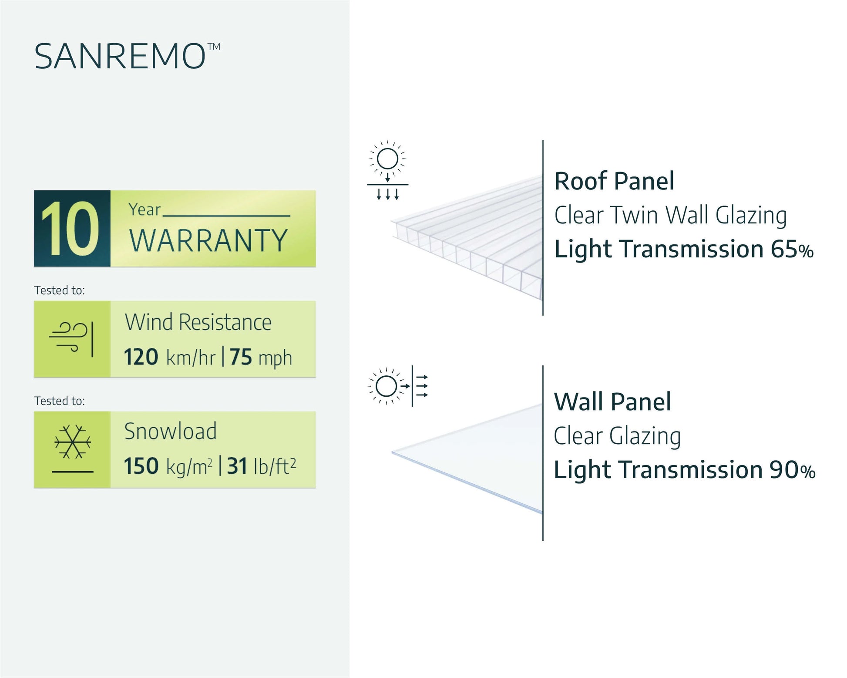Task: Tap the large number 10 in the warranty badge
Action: (x=70, y=229)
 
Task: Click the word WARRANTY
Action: (x=208, y=240)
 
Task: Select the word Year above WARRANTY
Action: (x=145, y=209)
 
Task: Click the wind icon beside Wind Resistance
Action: (x=71, y=339)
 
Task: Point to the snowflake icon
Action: (x=73, y=442)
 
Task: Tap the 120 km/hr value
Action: (x=170, y=357)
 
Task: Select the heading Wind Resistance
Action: (x=198, y=322)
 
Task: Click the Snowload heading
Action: (x=170, y=431)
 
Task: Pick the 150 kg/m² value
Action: (x=168, y=466)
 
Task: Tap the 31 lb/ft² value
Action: (x=262, y=466)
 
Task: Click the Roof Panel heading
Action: (x=614, y=181)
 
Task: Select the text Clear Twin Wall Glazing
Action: (x=670, y=216)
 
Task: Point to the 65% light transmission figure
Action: (x=792, y=250)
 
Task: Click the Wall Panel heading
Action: (x=612, y=401)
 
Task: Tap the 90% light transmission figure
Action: (x=792, y=470)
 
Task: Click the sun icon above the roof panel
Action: (x=387, y=159)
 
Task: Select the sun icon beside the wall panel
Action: (x=386, y=386)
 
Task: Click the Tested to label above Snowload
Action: (x=60, y=401)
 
